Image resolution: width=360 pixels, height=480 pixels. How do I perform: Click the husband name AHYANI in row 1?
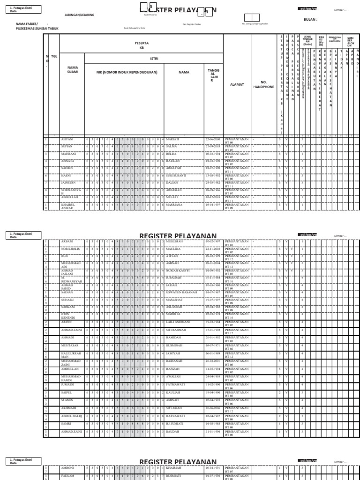pos(67,140)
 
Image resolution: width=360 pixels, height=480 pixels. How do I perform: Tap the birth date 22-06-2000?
pos(213,140)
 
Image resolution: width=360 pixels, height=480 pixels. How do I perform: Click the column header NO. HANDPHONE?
pos(263,84)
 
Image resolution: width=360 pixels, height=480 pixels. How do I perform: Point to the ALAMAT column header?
pos(237,84)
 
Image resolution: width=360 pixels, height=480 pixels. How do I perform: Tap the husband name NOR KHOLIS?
pos(69,248)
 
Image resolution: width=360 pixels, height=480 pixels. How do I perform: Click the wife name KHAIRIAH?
pos(175,468)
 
